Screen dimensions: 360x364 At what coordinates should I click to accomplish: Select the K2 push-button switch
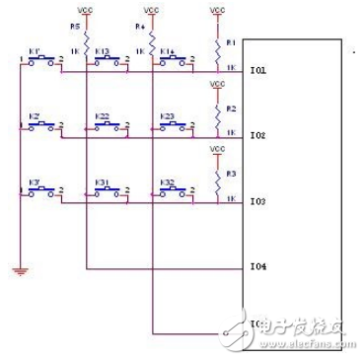(40, 126)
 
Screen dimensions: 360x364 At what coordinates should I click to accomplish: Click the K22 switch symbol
(107, 126)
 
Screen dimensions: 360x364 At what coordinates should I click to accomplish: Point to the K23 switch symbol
(172, 126)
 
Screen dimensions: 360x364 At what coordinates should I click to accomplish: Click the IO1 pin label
(258, 70)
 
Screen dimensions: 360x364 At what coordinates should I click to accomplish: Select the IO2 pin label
(258, 135)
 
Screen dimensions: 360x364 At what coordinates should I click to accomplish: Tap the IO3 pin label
(258, 201)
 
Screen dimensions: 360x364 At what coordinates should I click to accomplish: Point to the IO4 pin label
(258, 266)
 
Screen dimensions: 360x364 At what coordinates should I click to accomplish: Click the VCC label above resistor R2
(218, 85)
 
